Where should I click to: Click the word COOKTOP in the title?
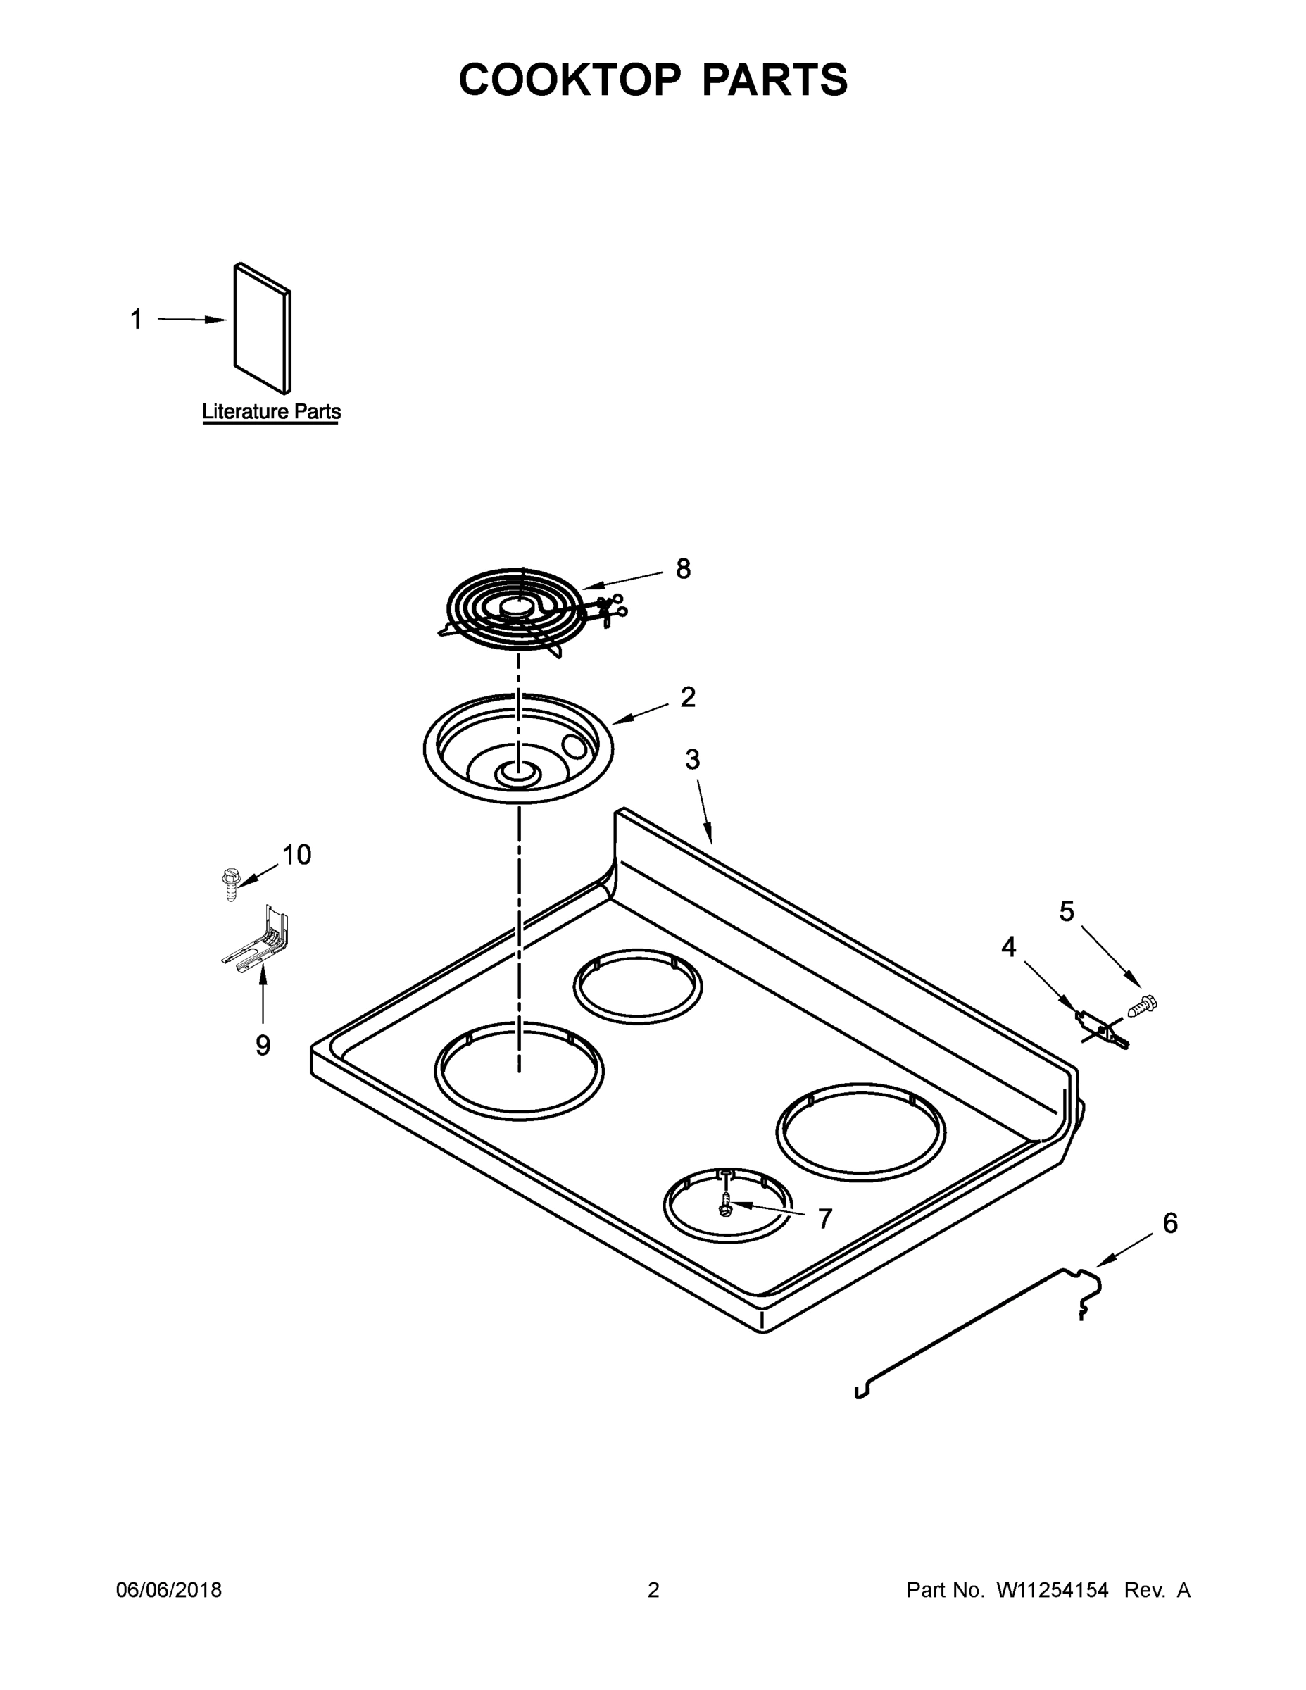tap(570, 80)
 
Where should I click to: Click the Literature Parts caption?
tap(271, 412)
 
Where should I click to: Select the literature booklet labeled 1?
tap(263, 328)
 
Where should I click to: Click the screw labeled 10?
tap(229, 884)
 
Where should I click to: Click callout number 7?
tap(824, 1220)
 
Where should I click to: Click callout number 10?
tap(296, 855)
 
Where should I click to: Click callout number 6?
tap(1170, 1224)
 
